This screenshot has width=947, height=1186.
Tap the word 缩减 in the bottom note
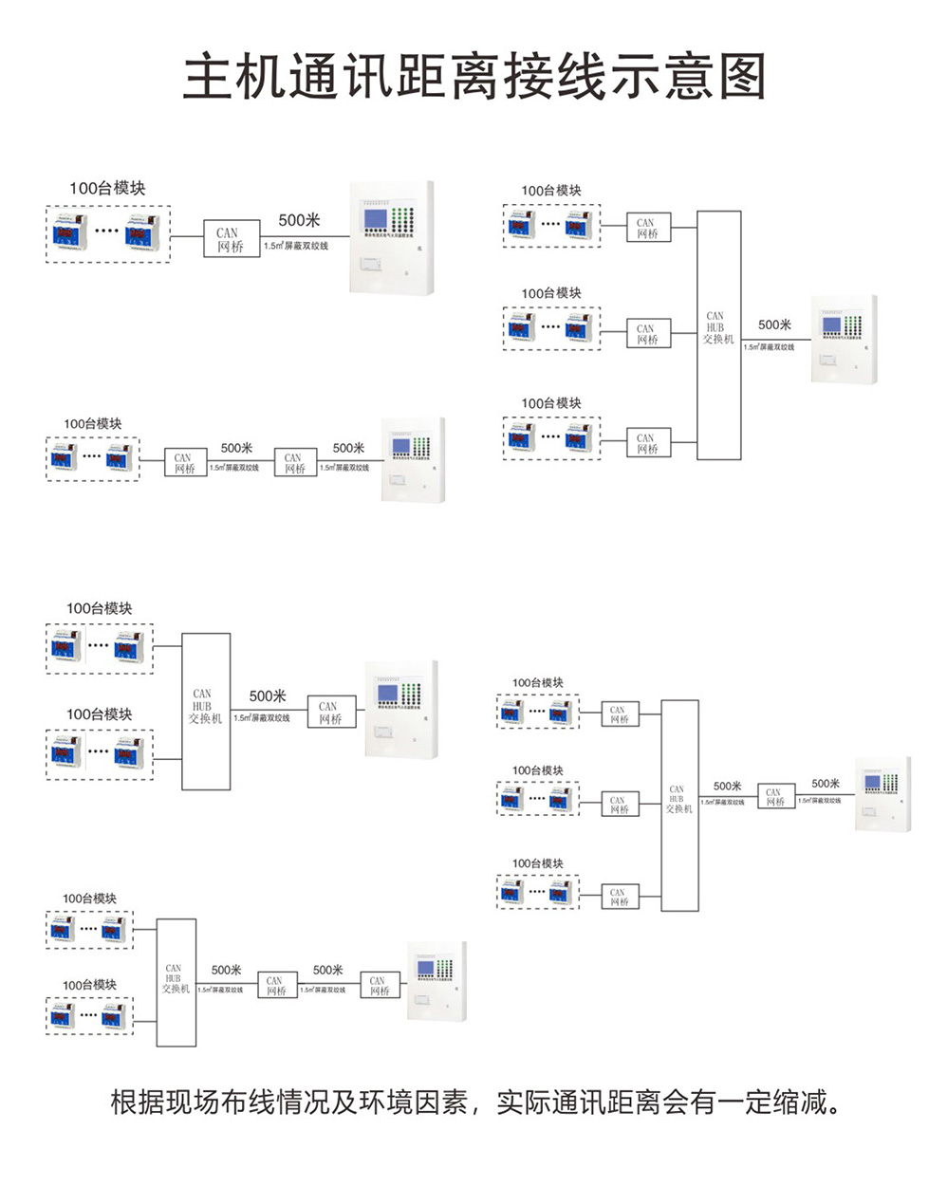pyautogui.click(x=802, y=1103)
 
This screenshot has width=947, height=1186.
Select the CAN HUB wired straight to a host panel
pyautogui.click(x=718, y=334)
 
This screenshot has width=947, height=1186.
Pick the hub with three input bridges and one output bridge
pyautogui.click(x=679, y=805)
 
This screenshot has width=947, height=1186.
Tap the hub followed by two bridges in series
pyautogui.click(x=176, y=981)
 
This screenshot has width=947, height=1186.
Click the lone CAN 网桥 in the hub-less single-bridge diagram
pyautogui.click(x=230, y=239)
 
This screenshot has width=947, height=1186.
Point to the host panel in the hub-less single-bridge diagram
pyautogui.click(x=391, y=237)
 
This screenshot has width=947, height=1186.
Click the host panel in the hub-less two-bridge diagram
pyautogui.click(x=413, y=459)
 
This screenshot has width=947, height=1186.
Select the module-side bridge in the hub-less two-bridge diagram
pyautogui.click(x=184, y=463)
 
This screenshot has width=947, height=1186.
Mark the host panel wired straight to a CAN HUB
pyautogui.click(x=843, y=339)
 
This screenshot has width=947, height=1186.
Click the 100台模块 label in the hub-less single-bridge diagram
pyautogui.click(x=107, y=188)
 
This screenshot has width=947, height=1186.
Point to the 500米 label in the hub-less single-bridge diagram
pyautogui.click(x=299, y=220)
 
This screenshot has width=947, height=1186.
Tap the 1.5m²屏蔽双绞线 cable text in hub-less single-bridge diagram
pyautogui.click(x=296, y=247)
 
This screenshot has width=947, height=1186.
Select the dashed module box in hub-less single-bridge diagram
pyautogui.click(x=107, y=233)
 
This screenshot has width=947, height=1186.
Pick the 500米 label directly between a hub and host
pyautogui.click(x=774, y=325)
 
